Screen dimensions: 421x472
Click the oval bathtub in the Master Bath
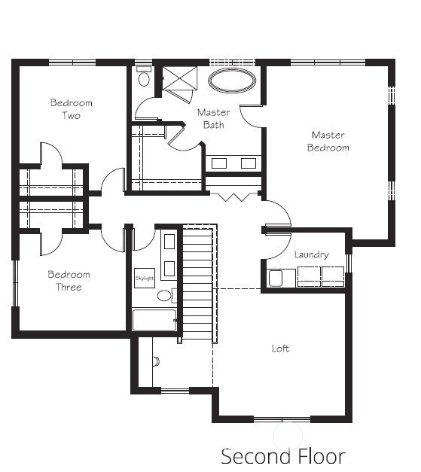tap(231, 81)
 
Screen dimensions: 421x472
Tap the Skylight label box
tap(145, 278)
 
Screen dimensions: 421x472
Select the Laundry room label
tap(311, 255)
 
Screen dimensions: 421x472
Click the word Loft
tap(280, 349)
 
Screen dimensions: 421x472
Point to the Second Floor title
tap(283, 456)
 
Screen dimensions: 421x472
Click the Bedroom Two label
tap(72, 109)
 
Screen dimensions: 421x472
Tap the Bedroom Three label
tap(69, 281)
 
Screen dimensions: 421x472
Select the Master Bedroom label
tap(328, 142)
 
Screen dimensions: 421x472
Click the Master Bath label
tap(213, 119)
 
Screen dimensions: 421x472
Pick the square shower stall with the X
tap(180, 78)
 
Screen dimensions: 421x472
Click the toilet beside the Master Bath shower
tap(144, 77)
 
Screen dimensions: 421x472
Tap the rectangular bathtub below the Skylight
tap(154, 320)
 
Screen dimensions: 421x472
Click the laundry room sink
tap(276, 279)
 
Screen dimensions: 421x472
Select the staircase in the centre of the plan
tap(198, 283)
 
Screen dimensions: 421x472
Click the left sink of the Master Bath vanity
tap(219, 163)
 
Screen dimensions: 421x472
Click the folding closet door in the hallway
tap(233, 196)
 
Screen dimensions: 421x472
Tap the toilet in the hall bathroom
tap(165, 295)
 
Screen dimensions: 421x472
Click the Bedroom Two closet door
tap(51, 154)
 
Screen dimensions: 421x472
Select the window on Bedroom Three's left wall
tap(15, 283)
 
